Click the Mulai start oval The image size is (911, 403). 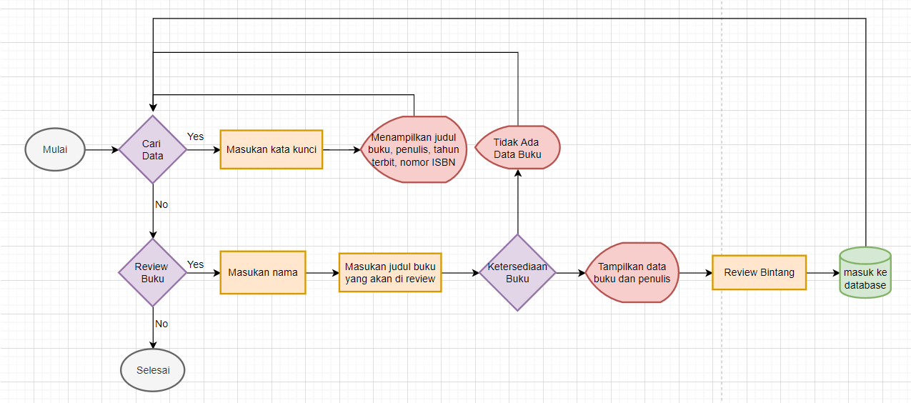pyautogui.click(x=56, y=150)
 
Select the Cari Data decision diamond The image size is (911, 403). pyautogui.click(x=152, y=150)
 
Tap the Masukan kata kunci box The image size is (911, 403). pyautogui.click(x=271, y=149)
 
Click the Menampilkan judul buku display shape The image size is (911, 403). pyautogui.click(x=414, y=149)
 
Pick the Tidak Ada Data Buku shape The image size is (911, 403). pyautogui.click(x=517, y=149)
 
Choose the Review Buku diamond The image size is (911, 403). pyautogui.click(x=152, y=272)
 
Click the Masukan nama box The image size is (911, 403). pyautogui.click(x=262, y=272)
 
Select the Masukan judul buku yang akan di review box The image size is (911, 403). pyautogui.click(x=390, y=272)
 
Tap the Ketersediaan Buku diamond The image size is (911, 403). pyautogui.click(x=517, y=272)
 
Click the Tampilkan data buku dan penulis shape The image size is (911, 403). pyautogui.click(x=632, y=272)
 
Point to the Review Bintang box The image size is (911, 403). pyautogui.click(x=759, y=272)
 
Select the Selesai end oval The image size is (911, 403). pyautogui.click(x=152, y=370)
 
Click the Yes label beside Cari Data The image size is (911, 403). pyautogui.click(x=195, y=136)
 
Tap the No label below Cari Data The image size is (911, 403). pyautogui.click(x=161, y=204)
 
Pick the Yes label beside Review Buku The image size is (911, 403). pyautogui.click(x=195, y=264)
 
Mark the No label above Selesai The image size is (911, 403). pyautogui.click(x=161, y=324)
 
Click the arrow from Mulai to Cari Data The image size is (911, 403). pyautogui.click(x=102, y=150)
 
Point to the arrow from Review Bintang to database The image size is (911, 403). pyautogui.click(x=822, y=272)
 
